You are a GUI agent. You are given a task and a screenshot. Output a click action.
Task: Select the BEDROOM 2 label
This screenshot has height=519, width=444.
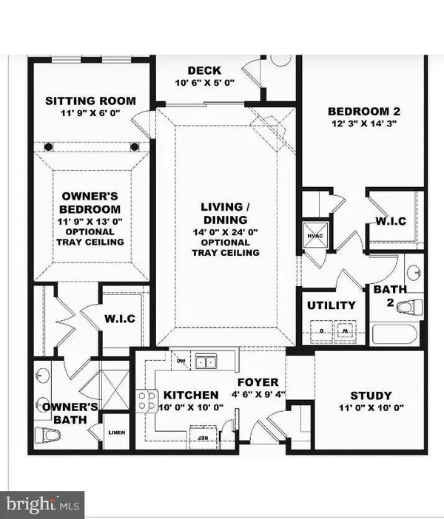click(363, 112)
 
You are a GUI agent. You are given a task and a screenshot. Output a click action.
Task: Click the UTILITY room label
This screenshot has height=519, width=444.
click(331, 305)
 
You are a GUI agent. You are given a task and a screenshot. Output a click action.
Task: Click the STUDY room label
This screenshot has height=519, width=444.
click(371, 396)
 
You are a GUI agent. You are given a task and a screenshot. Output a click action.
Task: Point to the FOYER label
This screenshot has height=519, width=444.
click(258, 382)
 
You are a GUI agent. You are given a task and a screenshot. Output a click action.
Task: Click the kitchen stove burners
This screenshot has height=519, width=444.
click(147, 401)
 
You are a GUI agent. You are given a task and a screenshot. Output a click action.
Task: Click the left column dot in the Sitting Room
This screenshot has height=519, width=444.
click(49, 146)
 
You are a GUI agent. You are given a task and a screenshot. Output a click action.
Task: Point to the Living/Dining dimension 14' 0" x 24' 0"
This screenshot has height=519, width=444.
click(225, 230)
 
